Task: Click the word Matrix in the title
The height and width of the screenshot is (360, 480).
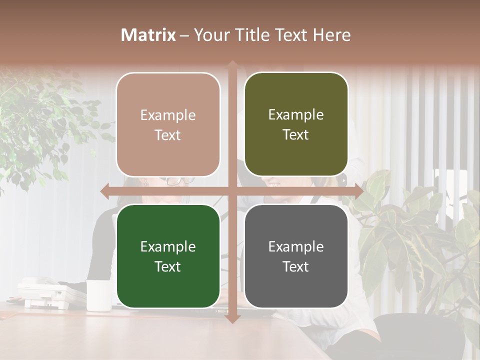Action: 148,35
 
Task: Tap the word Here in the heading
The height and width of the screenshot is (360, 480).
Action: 331,35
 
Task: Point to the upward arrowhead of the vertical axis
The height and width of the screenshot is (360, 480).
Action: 232,65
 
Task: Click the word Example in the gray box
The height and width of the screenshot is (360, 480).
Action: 296,246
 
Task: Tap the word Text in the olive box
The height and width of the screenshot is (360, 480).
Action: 296,135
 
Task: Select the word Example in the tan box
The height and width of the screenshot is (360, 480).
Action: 168,115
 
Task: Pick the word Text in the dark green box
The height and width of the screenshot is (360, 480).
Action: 168,266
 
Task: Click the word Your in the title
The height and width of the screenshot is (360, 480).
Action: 210,35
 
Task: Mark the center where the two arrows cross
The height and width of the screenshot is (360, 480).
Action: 232,191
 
